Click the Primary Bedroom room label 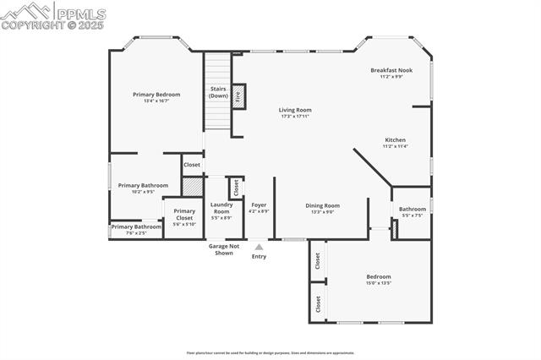coord(150,94)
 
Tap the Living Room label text coord(296,110)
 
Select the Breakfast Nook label coord(391,70)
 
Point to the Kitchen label coord(395,139)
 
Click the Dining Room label coord(323,205)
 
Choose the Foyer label coord(259,205)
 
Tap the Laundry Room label coord(221,208)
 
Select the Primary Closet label coord(184,215)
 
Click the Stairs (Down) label coord(218,92)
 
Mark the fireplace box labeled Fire coord(238,96)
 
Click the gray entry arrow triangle coord(259,247)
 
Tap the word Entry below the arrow coord(259,257)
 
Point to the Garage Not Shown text coord(223,249)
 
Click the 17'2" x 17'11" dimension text coord(296,116)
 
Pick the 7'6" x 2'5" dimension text coord(136,232)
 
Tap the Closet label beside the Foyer coord(236,186)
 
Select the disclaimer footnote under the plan coord(270,352)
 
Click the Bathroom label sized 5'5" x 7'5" coord(413,209)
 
